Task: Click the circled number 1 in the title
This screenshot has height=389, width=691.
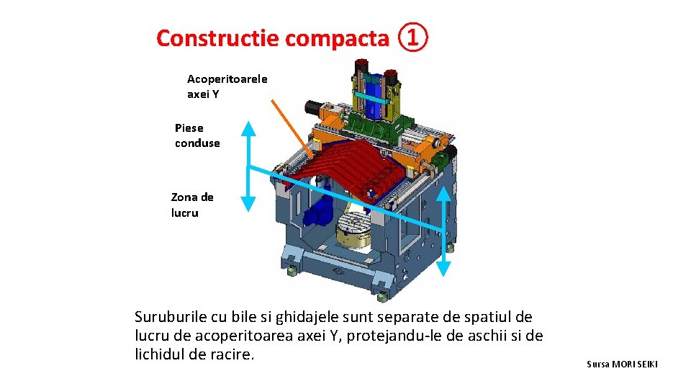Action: click(x=412, y=37)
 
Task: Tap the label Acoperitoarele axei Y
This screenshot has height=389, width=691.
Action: click(x=227, y=86)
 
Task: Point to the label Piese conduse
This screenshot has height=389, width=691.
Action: click(x=197, y=135)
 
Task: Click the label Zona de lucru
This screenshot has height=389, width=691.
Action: click(x=192, y=205)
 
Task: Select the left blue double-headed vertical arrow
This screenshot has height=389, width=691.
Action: click(x=248, y=166)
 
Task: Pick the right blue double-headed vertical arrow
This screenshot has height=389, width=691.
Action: click(x=443, y=231)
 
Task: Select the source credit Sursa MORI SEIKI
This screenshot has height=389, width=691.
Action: click(x=622, y=365)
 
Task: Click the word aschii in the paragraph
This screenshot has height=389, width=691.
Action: click(x=493, y=336)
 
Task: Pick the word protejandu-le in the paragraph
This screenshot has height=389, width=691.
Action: click(x=388, y=336)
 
